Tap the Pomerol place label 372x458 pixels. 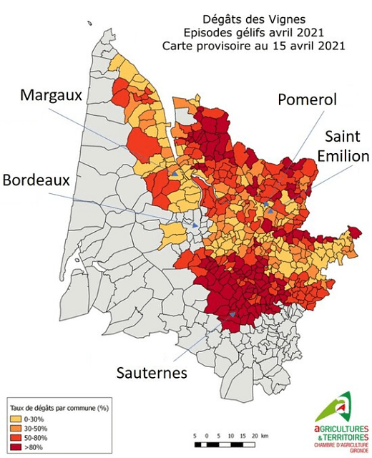pyautogui.click(x=306, y=100)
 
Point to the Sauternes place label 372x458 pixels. pyautogui.click(x=153, y=373)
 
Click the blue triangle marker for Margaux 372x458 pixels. pyautogui.click(x=173, y=173)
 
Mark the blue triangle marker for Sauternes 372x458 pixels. pyautogui.click(x=232, y=313)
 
